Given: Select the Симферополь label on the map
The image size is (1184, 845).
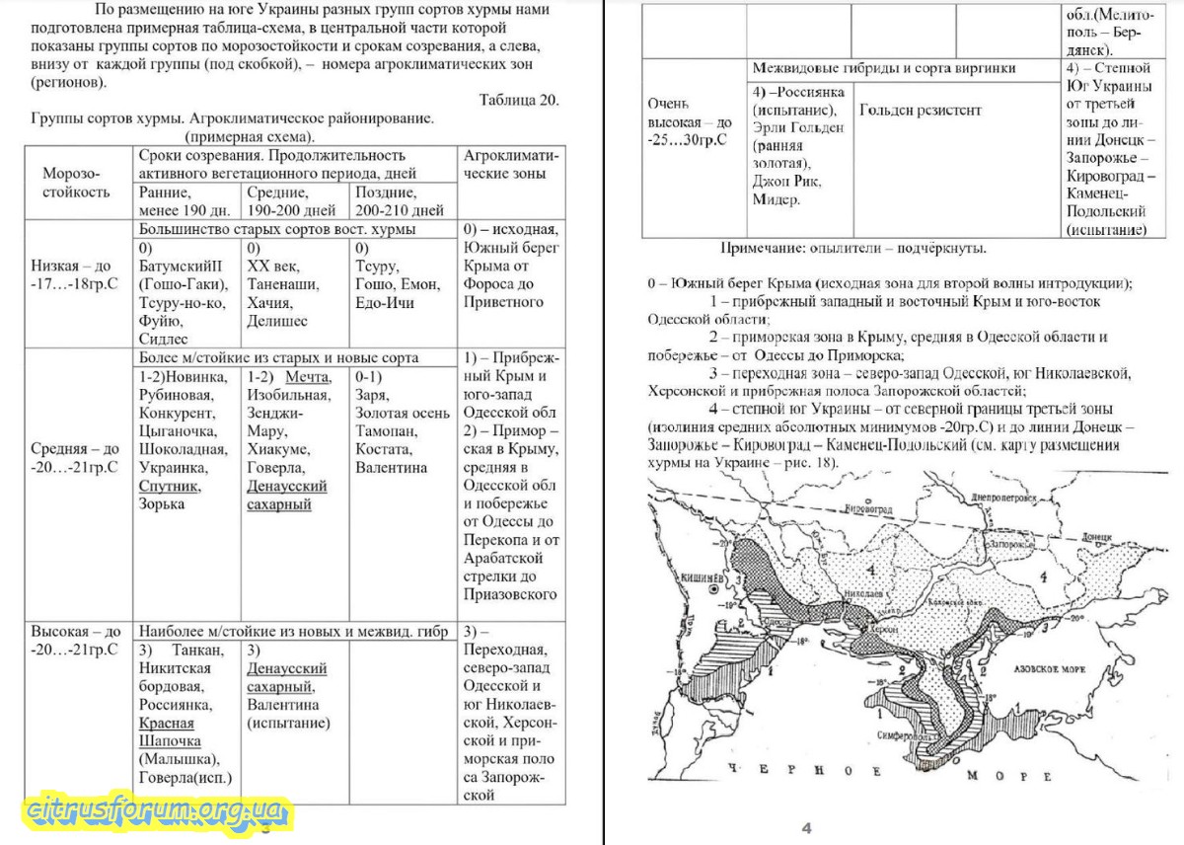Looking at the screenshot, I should (x=905, y=738).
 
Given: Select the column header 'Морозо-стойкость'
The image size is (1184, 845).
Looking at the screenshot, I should (x=76, y=183).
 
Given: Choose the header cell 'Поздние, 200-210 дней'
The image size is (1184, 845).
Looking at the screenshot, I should (x=400, y=200).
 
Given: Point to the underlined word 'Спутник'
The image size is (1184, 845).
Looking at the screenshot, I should (x=169, y=486).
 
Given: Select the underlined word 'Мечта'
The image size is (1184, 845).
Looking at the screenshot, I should (x=308, y=377).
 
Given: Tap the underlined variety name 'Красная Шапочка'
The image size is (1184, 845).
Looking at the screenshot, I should (x=167, y=731).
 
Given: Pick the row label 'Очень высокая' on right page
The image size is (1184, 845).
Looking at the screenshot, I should (x=691, y=121).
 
